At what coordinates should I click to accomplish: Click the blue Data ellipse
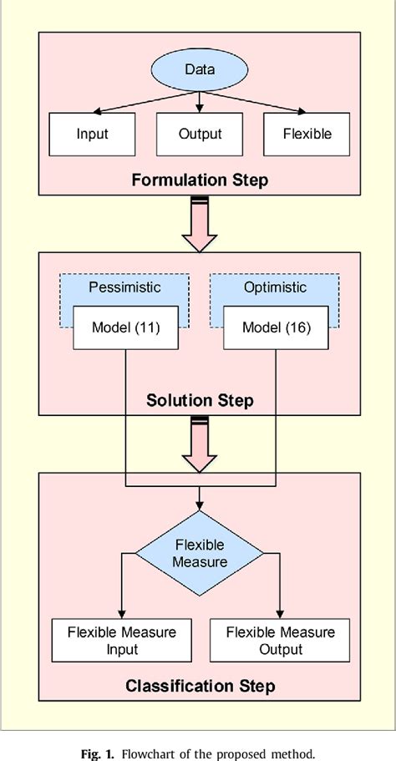200,69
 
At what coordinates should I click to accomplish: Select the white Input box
92,134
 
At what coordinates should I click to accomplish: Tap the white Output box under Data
200,134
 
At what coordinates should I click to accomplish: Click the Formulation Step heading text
200,179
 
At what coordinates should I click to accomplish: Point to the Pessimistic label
124,287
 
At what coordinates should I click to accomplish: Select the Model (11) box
125,327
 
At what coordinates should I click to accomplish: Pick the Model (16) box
276,327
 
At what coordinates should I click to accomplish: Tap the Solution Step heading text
200,401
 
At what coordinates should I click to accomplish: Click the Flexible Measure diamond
200,552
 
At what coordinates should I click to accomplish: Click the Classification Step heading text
200,687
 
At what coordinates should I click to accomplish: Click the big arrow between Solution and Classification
200,449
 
